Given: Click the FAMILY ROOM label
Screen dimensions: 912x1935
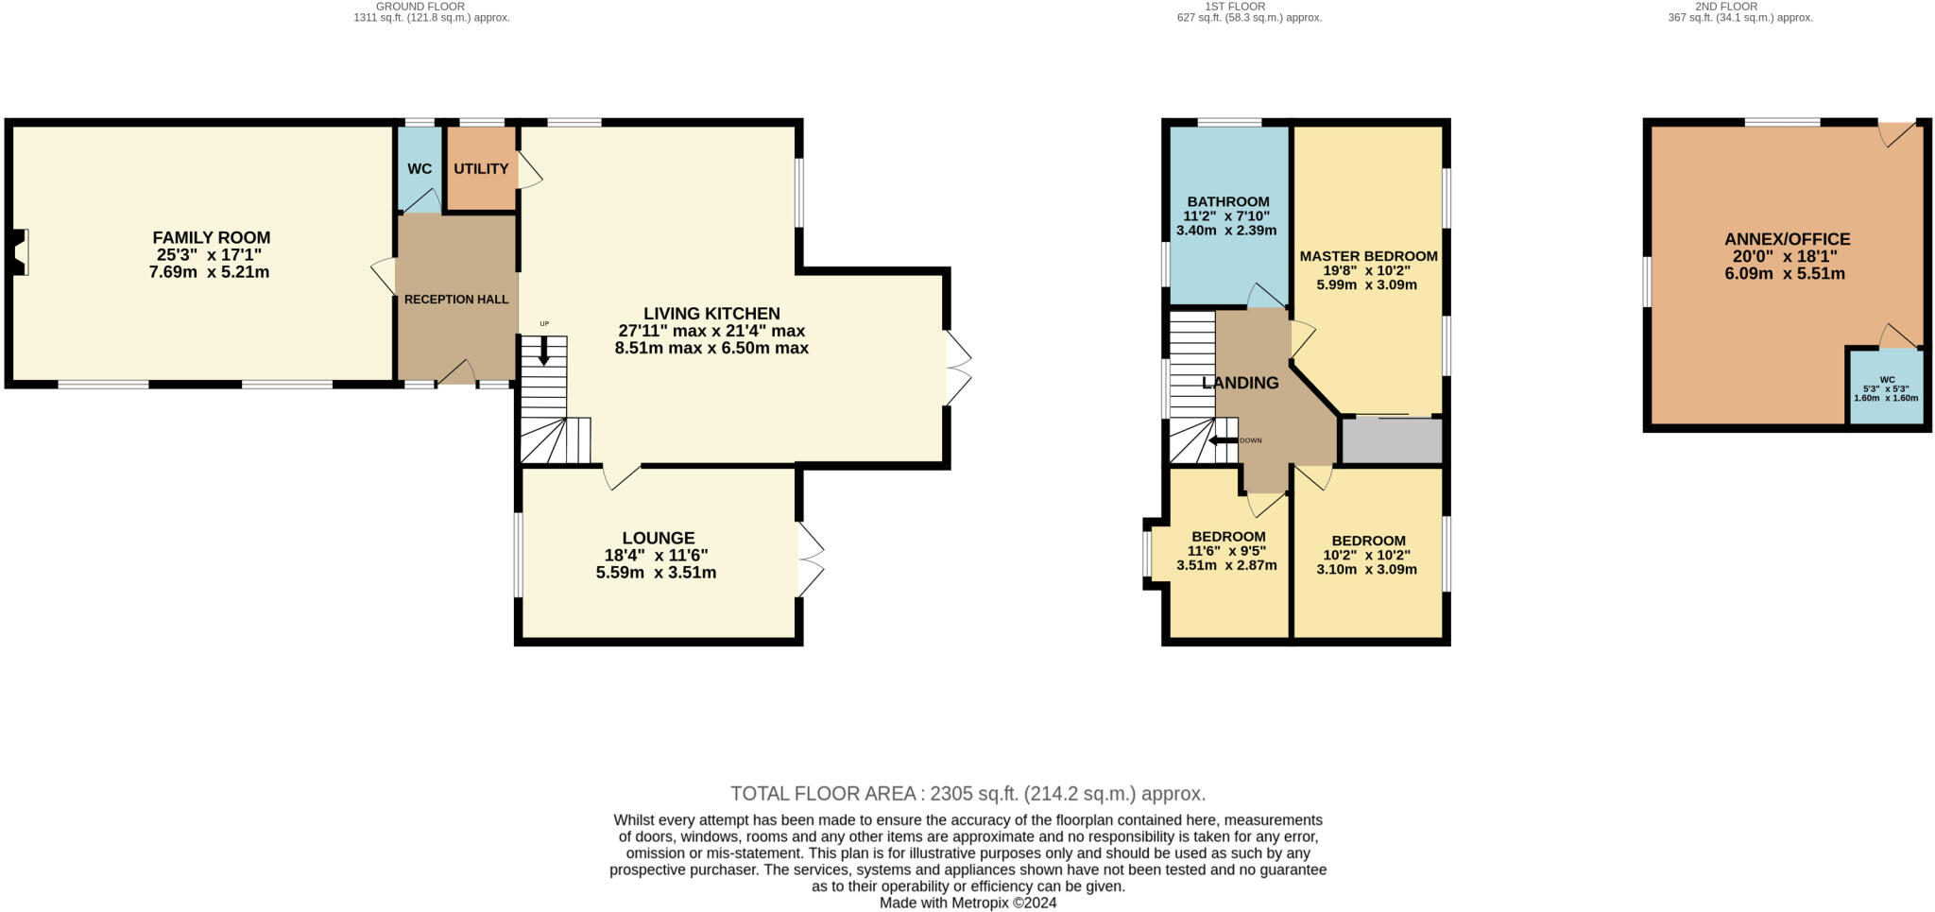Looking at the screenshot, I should (x=212, y=238).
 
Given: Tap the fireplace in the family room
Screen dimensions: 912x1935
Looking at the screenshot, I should (x=20, y=253).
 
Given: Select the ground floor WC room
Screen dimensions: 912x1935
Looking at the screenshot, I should (x=420, y=169).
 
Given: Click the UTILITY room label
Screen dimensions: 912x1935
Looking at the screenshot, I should (x=481, y=169).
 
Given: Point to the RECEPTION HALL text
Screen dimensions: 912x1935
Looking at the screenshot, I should (x=456, y=300).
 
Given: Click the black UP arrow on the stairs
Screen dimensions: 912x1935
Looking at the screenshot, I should (x=543, y=353).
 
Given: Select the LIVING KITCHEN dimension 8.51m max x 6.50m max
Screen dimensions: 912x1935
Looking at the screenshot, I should (x=711, y=348).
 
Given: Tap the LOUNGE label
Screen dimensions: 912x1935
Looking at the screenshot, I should (x=658, y=539).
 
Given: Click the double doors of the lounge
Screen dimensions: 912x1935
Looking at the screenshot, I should (x=811, y=559).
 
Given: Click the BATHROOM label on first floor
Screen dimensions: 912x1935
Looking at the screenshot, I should (x=1228, y=201).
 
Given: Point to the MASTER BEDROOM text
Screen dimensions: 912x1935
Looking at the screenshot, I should (x=1368, y=256).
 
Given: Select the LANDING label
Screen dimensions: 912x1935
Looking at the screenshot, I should (x=1241, y=383).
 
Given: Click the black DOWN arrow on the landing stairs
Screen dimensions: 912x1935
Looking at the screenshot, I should (x=1223, y=440).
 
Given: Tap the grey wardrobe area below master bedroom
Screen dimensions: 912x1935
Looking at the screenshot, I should (x=1392, y=441).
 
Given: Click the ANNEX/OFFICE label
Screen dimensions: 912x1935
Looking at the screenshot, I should (x=1787, y=240).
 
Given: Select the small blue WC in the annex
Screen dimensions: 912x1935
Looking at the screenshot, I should (x=1886, y=388).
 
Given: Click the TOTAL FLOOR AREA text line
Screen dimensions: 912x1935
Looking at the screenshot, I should (x=967, y=794).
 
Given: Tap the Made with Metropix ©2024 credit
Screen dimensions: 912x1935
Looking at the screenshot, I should (x=967, y=903).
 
